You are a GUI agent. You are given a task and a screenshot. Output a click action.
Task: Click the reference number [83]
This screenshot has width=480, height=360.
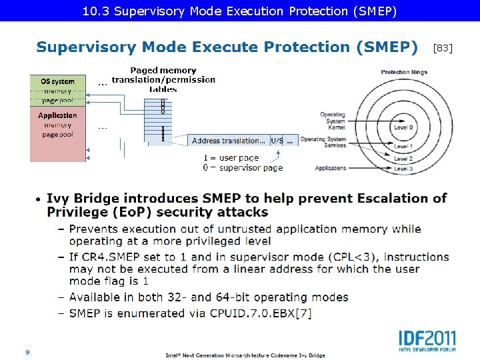[443, 48]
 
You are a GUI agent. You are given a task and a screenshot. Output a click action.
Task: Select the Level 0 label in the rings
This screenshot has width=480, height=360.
[403, 127]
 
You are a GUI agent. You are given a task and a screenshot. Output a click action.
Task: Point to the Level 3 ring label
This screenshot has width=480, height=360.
[403, 169]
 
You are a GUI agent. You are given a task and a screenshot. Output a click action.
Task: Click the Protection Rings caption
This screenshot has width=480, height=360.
[404, 72]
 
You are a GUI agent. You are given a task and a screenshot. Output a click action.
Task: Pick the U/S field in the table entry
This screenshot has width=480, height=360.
[277, 141]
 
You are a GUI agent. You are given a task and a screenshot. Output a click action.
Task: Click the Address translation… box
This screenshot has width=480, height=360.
[229, 141]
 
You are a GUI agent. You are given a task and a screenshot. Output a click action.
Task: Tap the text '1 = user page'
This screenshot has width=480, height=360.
[231, 158]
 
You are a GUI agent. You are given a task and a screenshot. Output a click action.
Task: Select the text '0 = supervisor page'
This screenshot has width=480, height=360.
[243, 168]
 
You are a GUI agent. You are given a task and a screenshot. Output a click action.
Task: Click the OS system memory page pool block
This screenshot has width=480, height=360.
[58, 91]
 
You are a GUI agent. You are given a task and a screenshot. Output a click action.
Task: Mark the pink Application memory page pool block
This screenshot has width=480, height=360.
[58, 133]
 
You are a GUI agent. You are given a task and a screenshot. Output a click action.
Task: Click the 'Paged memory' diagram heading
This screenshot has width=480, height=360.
[163, 71]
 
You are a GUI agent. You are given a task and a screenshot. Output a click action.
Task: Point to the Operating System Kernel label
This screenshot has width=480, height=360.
[332, 121]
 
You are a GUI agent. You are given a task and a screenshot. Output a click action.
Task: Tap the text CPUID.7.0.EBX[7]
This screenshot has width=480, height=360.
[256, 313]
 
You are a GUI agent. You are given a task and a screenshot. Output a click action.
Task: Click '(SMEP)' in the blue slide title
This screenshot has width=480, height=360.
[387, 47]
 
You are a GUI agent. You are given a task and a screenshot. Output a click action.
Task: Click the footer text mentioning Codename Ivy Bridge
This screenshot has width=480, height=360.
[245, 355]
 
